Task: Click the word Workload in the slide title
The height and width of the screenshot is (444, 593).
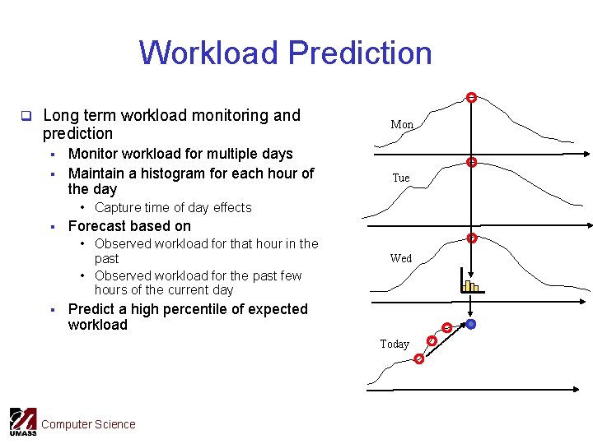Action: [209, 53]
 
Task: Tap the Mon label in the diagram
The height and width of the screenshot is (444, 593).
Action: [402, 125]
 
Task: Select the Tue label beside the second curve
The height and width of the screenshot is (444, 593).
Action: [401, 178]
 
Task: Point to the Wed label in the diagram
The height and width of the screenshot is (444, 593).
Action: [401, 258]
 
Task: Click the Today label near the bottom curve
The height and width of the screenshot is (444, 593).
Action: [395, 344]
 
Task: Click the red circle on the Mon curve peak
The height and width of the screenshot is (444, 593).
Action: [470, 98]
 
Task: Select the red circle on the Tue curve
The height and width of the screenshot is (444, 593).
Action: [472, 163]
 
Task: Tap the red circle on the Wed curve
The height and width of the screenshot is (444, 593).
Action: [472, 238]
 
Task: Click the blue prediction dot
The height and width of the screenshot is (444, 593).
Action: [470, 324]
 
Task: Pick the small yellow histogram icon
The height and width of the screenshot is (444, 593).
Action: [469, 284]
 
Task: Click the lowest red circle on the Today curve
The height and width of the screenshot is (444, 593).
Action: [419, 359]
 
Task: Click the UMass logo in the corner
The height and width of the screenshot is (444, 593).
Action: [22, 422]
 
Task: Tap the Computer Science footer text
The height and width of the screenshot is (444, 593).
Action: [88, 424]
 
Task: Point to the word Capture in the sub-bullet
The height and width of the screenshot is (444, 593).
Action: [117, 208]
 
